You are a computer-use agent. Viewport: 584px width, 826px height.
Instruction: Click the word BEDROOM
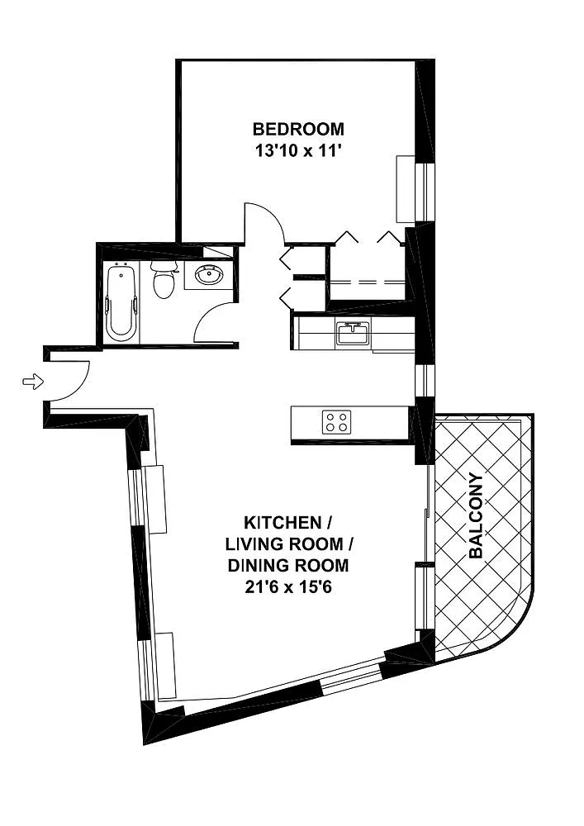tap(298, 129)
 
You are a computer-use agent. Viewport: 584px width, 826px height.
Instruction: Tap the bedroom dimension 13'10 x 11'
tap(298, 151)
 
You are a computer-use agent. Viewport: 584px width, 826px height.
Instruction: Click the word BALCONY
tap(476, 515)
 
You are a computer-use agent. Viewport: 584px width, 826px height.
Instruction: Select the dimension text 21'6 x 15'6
tap(287, 586)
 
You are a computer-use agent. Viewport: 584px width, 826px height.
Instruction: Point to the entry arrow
tap(33, 382)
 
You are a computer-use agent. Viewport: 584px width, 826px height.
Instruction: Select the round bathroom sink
tap(209, 274)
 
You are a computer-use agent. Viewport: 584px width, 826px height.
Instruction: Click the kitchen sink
tap(354, 333)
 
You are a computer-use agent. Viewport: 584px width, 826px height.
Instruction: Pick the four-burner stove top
tap(337, 422)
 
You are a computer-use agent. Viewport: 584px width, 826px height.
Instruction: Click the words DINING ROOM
tap(288, 565)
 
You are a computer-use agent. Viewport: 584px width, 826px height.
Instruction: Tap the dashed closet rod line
tap(368, 282)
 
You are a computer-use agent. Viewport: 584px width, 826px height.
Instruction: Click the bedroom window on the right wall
tap(425, 192)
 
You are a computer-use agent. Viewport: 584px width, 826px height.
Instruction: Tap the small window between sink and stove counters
tap(425, 380)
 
